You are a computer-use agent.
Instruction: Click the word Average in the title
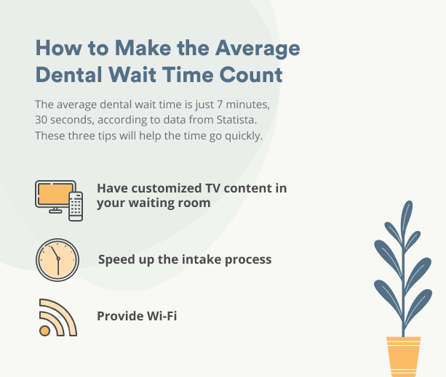tap(258, 49)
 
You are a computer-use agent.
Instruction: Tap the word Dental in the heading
tap(68, 75)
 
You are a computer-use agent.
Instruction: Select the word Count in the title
tap(251, 75)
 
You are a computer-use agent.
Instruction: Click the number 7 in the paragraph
tap(220, 105)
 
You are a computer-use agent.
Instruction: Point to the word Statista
tap(236, 120)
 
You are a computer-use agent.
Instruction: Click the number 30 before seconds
tap(41, 120)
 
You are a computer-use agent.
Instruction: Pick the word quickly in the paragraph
tap(244, 136)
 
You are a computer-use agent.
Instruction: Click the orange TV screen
tap(55, 194)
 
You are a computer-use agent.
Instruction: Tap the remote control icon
tap(76, 206)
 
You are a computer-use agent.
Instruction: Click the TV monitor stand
tap(55, 211)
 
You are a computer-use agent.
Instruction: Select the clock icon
tap(57, 260)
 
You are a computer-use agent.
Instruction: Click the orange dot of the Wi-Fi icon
tap(44, 331)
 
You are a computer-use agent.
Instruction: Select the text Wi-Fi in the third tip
tap(162, 316)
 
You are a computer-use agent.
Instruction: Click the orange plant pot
tap(403, 357)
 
